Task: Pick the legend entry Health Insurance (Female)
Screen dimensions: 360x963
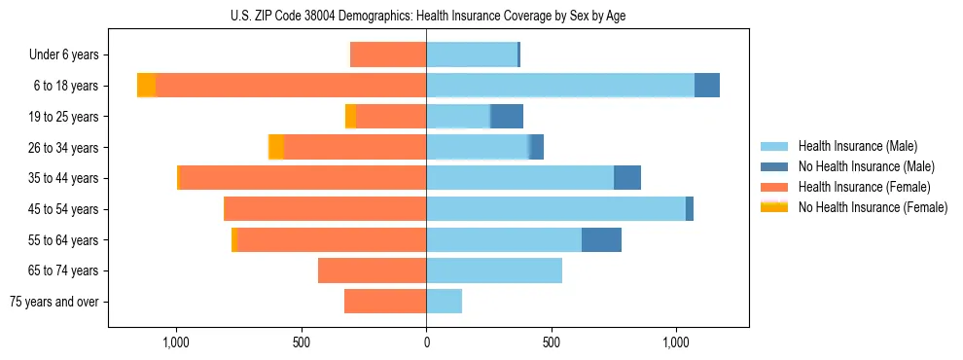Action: point(864,187)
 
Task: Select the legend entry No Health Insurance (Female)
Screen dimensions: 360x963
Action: point(873,207)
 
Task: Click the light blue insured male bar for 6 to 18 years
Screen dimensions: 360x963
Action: point(560,86)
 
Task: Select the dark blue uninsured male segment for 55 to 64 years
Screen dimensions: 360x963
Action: point(601,239)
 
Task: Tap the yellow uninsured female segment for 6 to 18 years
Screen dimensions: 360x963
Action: point(146,86)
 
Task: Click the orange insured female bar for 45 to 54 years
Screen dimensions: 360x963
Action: point(325,209)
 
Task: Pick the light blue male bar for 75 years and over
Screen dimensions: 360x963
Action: point(444,302)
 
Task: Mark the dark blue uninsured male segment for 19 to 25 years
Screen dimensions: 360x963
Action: point(507,117)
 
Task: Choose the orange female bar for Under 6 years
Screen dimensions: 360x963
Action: point(388,55)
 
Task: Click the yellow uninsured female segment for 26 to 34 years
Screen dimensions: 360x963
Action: point(276,147)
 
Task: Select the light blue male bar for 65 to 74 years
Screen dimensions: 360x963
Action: point(494,270)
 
